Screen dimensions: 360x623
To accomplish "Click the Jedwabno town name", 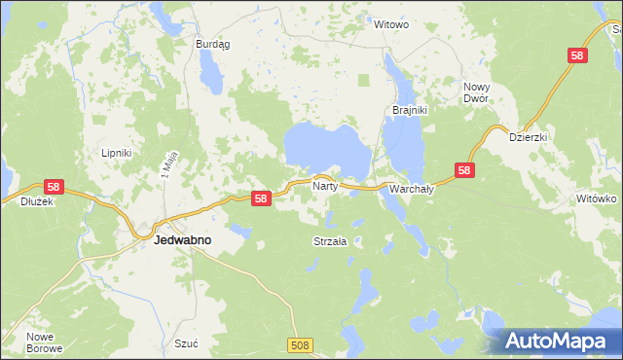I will tap(184, 238).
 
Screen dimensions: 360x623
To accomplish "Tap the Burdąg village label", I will tap(211, 44).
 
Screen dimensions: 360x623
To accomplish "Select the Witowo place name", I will tap(391, 23).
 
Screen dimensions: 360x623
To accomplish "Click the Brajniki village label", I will tap(410, 110).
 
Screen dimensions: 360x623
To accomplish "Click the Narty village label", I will tap(324, 184).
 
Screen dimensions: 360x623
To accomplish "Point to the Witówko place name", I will tap(597, 198).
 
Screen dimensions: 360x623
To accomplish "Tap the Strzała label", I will tap(331, 240).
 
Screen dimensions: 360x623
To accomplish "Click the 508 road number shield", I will tap(302, 344).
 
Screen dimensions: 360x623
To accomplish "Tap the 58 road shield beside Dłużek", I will tap(53, 188).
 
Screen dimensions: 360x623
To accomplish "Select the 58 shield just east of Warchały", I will tap(464, 170).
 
